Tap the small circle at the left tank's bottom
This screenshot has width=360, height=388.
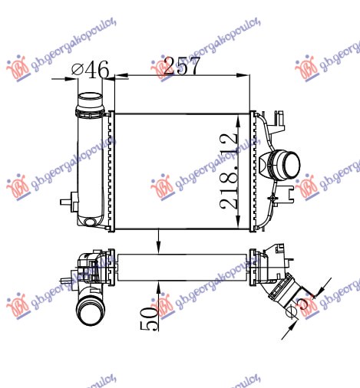click(91, 222)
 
